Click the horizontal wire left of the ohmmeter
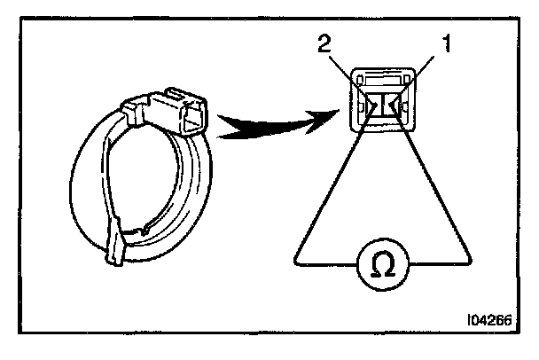point(328,262)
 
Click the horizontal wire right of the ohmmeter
point(434,262)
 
